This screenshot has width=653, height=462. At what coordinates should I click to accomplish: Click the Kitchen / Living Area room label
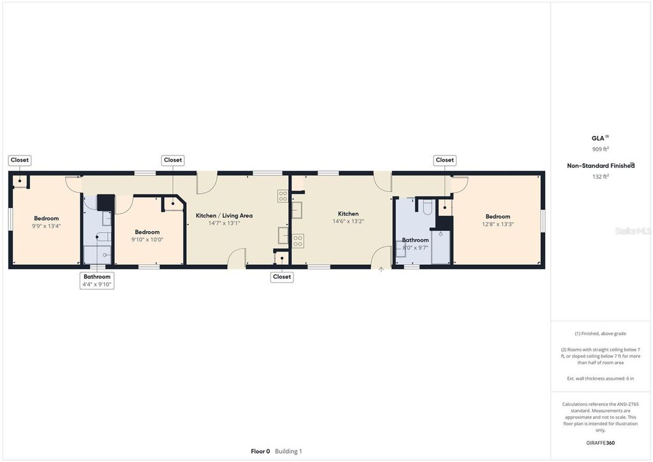[x=224, y=216]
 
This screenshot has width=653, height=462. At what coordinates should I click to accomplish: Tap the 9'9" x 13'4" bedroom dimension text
[x=46, y=226]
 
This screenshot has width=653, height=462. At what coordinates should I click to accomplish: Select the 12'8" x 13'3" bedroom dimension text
[x=497, y=224]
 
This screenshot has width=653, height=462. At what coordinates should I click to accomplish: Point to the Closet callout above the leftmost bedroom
[x=20, y=160]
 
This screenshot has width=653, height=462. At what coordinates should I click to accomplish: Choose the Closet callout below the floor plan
[x=282, y=276]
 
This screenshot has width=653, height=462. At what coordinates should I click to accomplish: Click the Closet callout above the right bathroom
[x=444, y=160]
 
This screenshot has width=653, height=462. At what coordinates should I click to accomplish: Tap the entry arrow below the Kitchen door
[x=381, y=270]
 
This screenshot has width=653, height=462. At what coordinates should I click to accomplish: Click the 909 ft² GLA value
[x=600, y=149]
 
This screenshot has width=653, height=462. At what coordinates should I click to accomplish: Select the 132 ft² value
[x=600, y=177]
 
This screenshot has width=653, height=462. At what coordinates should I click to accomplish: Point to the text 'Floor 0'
[x=260, y=451]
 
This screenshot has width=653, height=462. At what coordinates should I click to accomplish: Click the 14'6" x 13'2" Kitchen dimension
[x=348, y=221]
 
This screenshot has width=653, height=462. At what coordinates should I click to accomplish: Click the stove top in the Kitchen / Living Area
[x=282, y=196]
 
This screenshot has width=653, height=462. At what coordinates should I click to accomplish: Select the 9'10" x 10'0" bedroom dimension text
[x=147, y=239]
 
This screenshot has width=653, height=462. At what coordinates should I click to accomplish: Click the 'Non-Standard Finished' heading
[x=599, y=166]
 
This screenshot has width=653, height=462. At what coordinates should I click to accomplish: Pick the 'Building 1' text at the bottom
[x=288, y=451]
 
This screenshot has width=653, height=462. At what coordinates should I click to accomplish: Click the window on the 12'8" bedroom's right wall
[x=543, y=220]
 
